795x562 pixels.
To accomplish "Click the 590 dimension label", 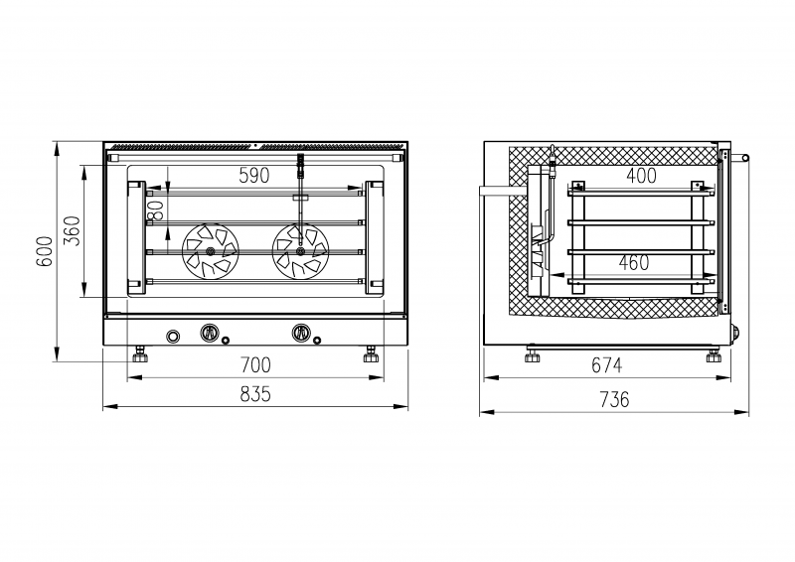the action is click(254, 176).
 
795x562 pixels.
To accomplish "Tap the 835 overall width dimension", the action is click(255, 394).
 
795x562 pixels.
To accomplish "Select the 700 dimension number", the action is click(255, 364).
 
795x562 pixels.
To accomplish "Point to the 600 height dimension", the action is click(45, 251).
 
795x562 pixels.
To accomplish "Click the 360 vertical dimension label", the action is click(72, 231).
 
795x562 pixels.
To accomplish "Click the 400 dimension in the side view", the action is click(641, 176).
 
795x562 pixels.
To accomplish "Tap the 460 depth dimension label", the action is click(634, 262).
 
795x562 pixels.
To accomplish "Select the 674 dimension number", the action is click(606, 364).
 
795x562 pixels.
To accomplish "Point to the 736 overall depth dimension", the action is click(614, 400).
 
